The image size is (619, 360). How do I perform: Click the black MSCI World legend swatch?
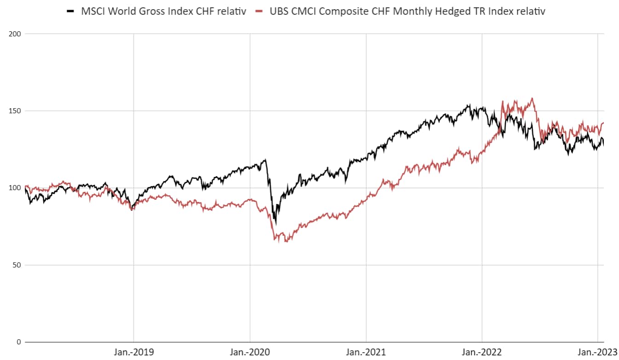70,12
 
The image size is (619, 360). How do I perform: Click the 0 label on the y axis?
19,342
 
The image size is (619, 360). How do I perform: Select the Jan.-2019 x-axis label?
133,352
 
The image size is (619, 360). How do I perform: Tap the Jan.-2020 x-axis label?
250,352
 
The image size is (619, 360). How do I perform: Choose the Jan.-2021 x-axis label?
366,352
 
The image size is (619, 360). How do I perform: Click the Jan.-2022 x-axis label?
482,352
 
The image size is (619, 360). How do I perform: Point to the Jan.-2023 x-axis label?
597,352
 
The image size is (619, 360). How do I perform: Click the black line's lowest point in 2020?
276,224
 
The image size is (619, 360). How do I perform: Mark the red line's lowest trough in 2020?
286,242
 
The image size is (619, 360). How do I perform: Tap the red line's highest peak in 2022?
532,98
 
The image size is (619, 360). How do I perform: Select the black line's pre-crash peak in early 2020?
265,160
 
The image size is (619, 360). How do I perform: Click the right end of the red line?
603,123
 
